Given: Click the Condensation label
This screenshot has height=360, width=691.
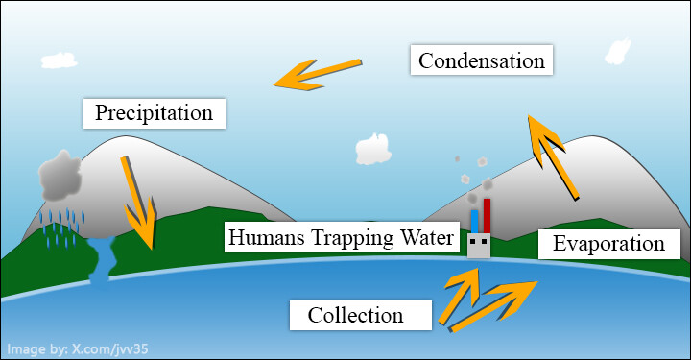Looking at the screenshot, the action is [x=481, y=60].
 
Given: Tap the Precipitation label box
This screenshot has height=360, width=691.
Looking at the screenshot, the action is [x=155, y=113].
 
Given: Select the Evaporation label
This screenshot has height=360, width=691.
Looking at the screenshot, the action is [x=609, y=244].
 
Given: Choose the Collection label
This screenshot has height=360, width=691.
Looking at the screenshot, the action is [x=361, y=315].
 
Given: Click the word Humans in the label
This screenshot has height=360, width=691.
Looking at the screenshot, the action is [x=267, y=237].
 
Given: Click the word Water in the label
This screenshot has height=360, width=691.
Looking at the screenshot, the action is [x=426, y=237].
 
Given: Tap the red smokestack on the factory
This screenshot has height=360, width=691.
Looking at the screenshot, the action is [x=487, y=216].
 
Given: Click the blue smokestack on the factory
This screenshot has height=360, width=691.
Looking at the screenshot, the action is [x=475, y=222].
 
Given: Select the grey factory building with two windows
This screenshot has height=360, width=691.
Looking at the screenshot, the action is [x=479, y=246].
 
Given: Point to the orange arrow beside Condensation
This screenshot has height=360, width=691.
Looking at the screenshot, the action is [x=319, y=74].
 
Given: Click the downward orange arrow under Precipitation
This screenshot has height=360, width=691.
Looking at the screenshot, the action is [x=139, y=203].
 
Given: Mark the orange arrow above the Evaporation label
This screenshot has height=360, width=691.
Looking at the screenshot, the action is [x=553, y=157].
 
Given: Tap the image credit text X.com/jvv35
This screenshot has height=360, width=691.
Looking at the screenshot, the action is [x=110, y=349].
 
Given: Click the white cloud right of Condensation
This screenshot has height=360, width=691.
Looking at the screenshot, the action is [x=617, y=52].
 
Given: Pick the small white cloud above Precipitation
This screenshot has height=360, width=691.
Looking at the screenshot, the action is [x=60, y=60].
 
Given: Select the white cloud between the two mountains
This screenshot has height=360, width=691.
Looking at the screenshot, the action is [x=373, y=150].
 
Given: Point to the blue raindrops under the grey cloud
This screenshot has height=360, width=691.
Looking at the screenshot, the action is [x=61, y=228].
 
